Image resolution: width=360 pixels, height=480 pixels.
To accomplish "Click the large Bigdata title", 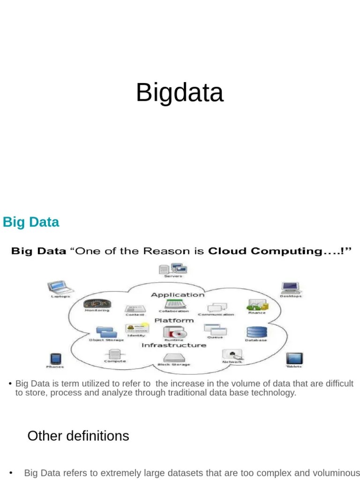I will click(x=180, y=92).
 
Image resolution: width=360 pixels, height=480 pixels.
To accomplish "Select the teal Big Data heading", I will click(x=31, y=222).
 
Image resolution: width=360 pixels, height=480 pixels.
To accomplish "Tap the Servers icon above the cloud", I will click(x=172, y=269).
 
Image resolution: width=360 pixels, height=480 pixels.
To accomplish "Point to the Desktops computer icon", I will click(x=290, y=287).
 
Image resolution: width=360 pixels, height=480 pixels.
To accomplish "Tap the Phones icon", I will click(x=55, y=359).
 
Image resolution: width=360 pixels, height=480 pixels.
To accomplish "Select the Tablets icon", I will click(x=293, y=359).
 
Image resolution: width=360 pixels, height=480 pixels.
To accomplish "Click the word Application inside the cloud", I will click(x=177, y=295).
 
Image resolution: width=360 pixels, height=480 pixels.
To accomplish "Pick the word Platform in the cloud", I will click(x=174, y=321).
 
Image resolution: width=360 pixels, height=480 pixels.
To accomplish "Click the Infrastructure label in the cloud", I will click(x=173, y=345).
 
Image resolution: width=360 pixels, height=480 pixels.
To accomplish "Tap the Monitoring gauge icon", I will click(x=97, y=303).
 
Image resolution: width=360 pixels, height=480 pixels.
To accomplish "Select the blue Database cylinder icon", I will click(x=256, y=332).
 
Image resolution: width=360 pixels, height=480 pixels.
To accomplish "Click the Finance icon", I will click(x=256, y=305).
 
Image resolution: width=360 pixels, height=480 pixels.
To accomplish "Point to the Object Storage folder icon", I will click(x=106, y=332).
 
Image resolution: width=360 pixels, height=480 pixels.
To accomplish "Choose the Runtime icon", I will click(x=174, y=332).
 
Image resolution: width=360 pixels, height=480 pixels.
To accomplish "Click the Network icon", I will click(x=232, y=354).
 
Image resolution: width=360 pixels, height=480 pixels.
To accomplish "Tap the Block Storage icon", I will click(x=174, y=357).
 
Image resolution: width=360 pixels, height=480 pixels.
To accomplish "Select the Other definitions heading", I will click(x=78, y=436).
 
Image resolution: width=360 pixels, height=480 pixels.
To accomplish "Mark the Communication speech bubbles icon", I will click(x=217, y=307).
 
